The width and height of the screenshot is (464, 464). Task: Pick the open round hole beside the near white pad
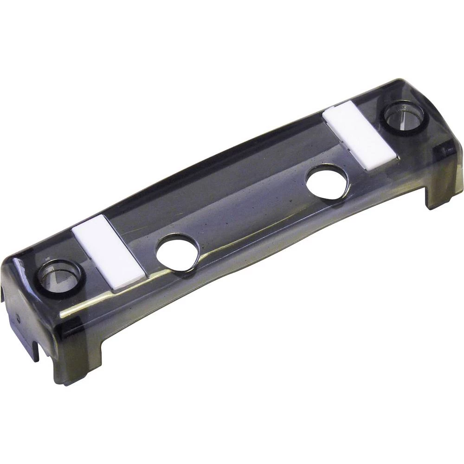pos(177,252)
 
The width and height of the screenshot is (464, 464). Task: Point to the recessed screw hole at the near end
pos(59,277)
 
